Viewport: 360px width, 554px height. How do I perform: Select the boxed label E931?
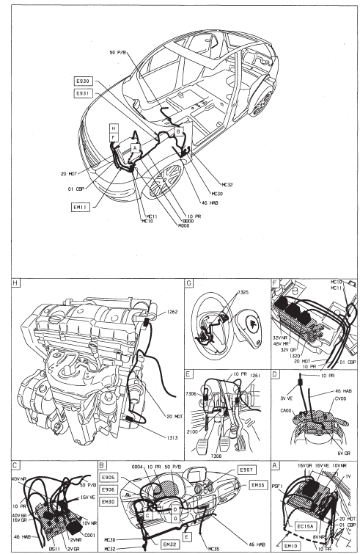click(x=82, y=95)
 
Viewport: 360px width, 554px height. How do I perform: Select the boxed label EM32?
click(x=170, y=543)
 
